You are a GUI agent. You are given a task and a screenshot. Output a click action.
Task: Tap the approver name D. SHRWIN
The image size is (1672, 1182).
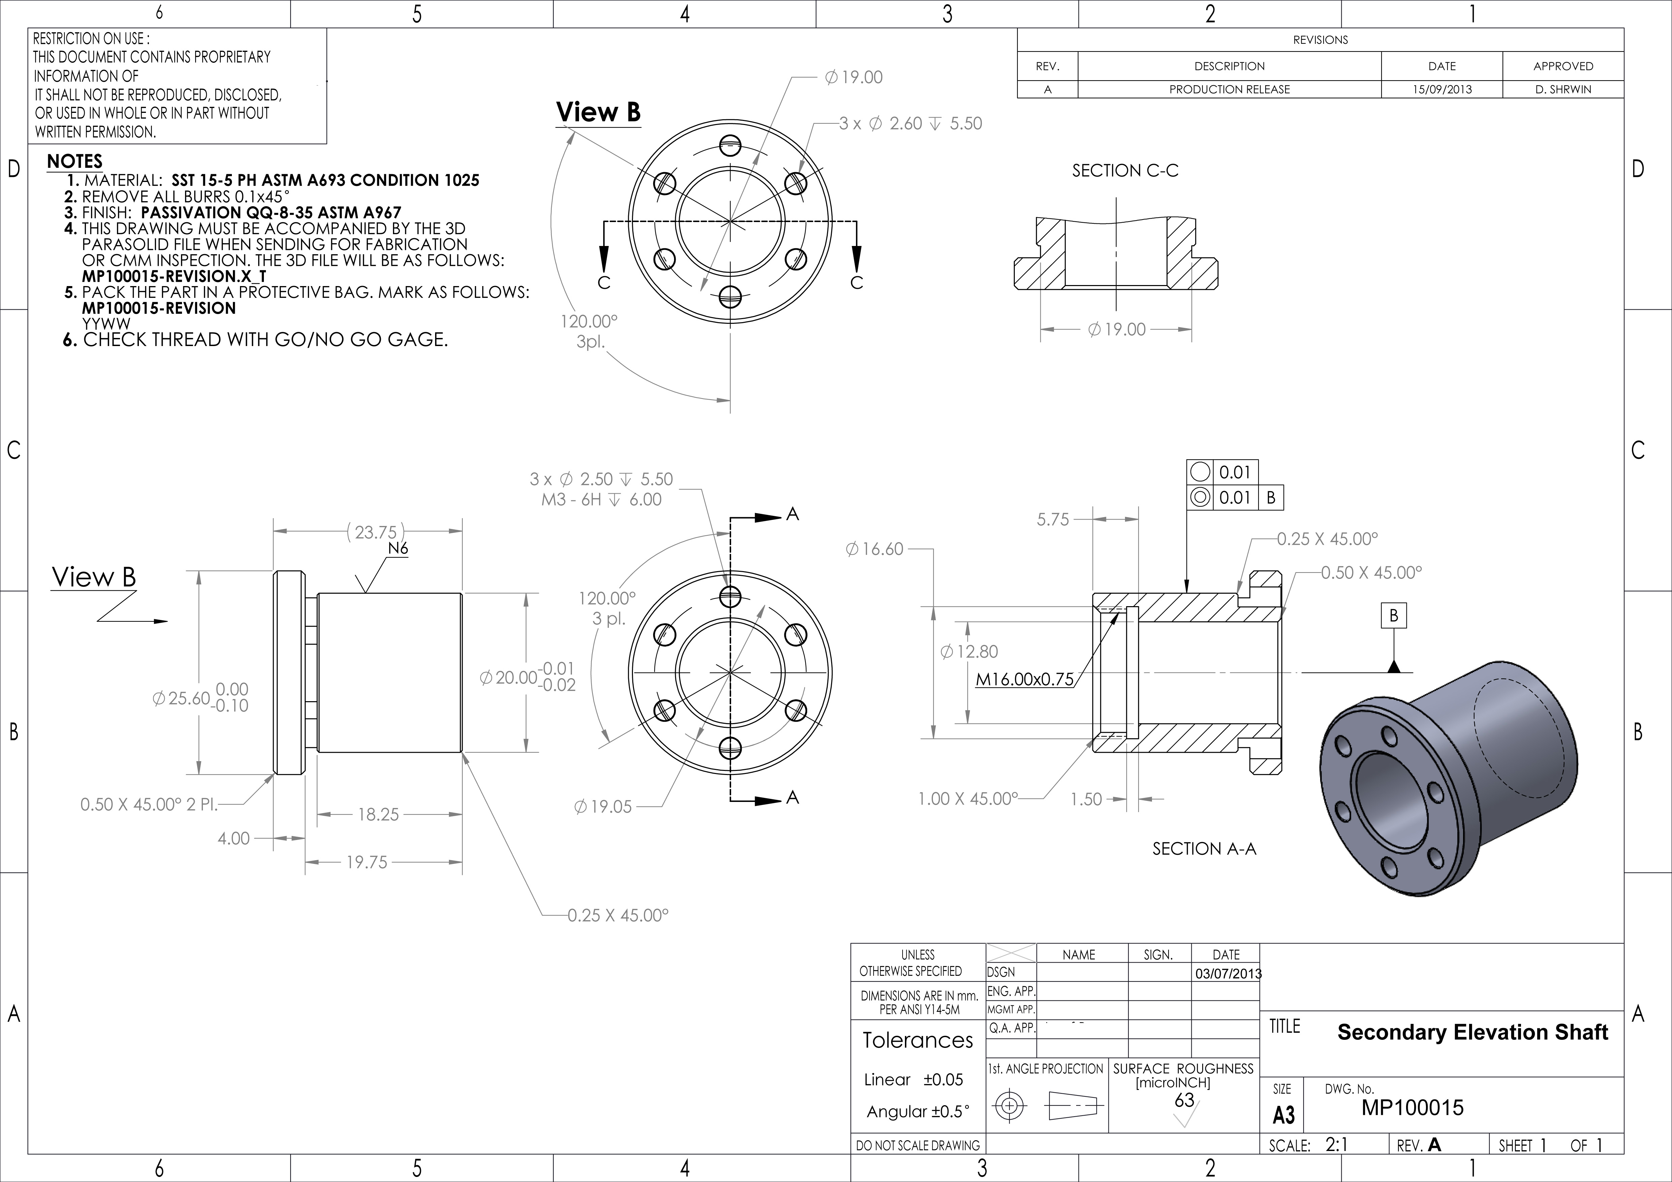pyautogui.click(x=1563, y=90)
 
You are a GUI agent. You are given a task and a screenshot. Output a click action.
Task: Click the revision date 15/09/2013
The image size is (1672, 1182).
pyautogui.click(x=1442, y=90)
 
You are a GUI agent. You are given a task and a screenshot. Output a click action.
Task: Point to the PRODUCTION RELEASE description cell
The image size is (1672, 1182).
pyautogui.click(x=1229, y=90)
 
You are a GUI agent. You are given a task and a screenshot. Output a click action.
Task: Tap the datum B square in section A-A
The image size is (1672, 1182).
pyautogui.click(x=1393, y=616)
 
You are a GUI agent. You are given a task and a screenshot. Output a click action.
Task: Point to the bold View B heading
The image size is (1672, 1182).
pyautogui.click(x=598, y=112)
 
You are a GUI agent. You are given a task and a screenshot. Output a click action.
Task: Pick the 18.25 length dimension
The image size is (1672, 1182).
pyautogui.click(x=378, y=814)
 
